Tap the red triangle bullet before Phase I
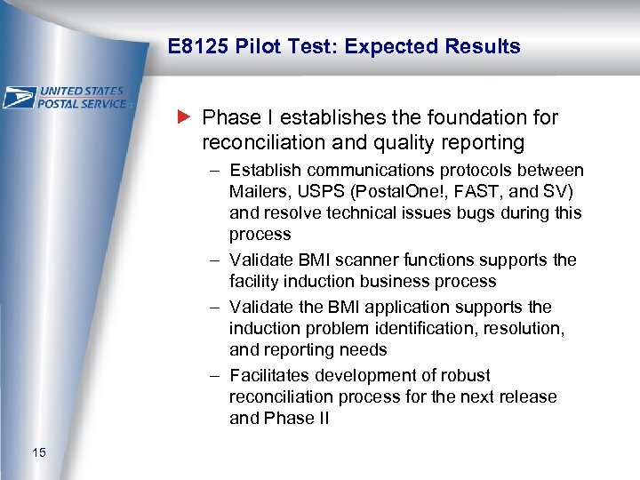[184, 117]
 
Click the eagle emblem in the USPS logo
[20, 97]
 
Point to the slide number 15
[38, 454]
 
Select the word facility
[255, 281]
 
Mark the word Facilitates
[272, 375]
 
